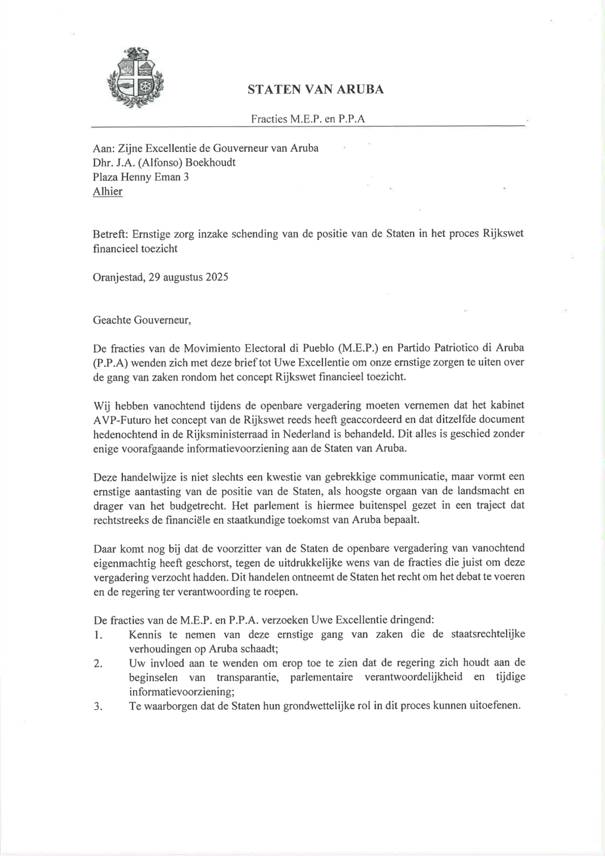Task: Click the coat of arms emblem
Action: [135, 78]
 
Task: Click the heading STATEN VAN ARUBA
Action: [316, 90]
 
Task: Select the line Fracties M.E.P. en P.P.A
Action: [308, 119]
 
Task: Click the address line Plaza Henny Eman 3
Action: [140, 177]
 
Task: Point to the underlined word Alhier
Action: [108, 192]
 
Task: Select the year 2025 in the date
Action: [217, 278]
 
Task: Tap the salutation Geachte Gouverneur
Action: [142, 320]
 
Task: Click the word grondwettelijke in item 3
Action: [318, 706]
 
